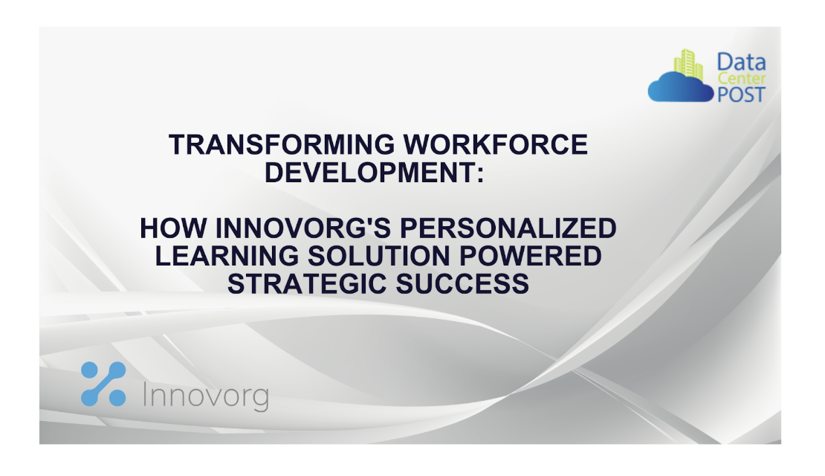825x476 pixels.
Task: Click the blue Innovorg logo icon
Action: pyautogui.click(x=103, y=384)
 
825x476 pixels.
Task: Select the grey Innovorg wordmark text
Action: pyautogui.click(x=204, y=396)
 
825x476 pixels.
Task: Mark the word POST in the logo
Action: pyautogui.click(x=740, y=94)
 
